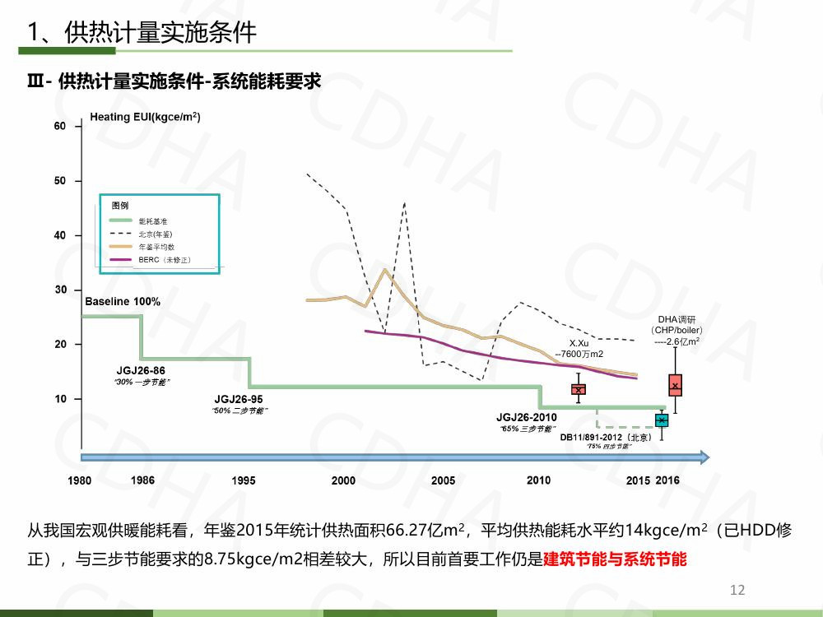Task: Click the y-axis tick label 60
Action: tap(60, 126)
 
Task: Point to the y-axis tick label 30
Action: tap(60, 290)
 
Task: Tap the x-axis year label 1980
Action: tap(80, 480)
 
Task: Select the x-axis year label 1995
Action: tap(244, 480)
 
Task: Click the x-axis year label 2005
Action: tap(443, 480)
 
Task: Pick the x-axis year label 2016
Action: tap(667, 480)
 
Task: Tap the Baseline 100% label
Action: tap(123, 302)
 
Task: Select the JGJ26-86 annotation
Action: tap(140, 371)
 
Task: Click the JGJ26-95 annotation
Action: tap(239, 399)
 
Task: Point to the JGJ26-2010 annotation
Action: tap(527, 417)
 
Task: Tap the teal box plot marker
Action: tap(662, 420)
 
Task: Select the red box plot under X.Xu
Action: tap(579, 389)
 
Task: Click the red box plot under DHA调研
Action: tap(675, 384)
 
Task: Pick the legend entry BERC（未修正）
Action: tap(165, 260)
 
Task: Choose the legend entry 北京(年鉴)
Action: tap(156, 234)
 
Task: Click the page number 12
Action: tap(737, 590)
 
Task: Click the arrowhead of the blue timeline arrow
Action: tap(703, 457)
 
